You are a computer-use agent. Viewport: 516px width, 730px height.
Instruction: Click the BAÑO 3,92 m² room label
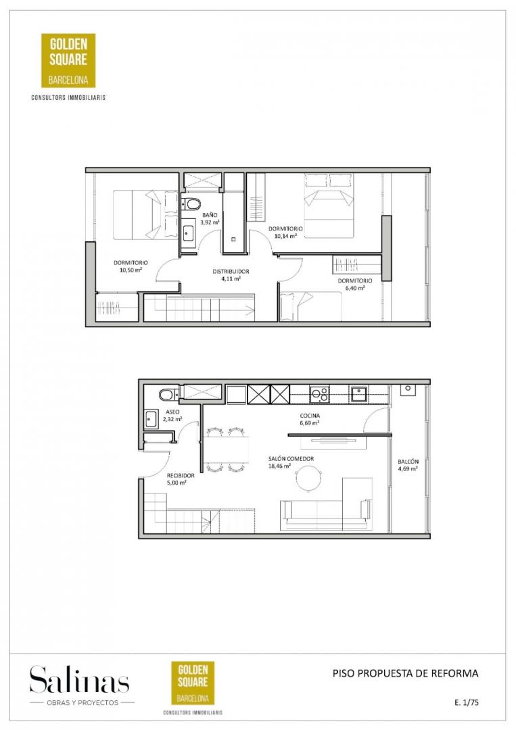210,219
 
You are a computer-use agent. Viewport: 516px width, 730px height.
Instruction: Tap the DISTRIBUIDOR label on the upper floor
231,272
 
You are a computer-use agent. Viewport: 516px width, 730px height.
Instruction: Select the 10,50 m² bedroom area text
131,270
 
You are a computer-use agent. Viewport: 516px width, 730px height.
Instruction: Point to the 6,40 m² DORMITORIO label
355,285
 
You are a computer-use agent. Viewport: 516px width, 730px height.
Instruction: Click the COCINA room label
310,416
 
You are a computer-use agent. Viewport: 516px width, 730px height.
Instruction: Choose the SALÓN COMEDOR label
291,458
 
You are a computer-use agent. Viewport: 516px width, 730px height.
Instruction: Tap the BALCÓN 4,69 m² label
408,465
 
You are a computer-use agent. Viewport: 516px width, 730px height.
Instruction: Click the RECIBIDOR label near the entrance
181,475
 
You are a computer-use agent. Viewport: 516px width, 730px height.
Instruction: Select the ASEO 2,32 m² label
172,416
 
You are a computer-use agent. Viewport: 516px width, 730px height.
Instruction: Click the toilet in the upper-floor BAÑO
191,204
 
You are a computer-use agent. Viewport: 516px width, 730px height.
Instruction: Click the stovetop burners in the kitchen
320,394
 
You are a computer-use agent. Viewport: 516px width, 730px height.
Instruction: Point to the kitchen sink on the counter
359,394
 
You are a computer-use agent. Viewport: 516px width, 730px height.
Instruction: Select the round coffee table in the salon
308,478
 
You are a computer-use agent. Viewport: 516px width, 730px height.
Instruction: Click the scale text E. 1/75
467,702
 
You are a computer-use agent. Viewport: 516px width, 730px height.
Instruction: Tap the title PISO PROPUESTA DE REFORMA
405,673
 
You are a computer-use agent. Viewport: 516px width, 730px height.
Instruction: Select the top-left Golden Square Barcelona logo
68,61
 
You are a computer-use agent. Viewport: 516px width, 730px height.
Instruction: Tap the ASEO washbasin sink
151,418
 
